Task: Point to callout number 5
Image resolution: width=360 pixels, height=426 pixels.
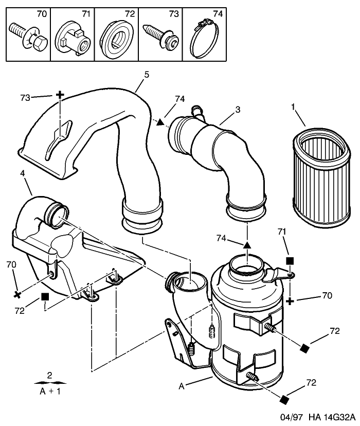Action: (147, 75)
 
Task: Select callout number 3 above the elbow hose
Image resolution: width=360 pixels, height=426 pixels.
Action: (238, 110)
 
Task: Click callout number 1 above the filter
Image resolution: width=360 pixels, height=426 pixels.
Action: (293, 108)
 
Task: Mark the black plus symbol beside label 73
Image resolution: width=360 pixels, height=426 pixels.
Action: (60, 95)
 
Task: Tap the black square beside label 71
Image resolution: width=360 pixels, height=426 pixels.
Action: (290, 261)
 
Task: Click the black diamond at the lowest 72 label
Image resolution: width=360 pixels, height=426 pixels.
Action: (283, 399)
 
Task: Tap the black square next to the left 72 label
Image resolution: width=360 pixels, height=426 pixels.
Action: (45, 297)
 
